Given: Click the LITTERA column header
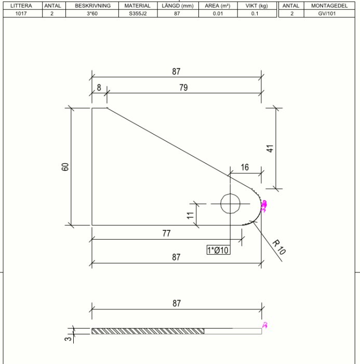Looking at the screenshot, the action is click(x=21, y=6).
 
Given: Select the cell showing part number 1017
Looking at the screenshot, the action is click(x=21, y=14).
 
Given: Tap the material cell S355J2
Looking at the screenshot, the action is click(x=138, y=14).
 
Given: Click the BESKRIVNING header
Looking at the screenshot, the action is click(x=92, y=6).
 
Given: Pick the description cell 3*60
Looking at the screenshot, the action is click(x=92, y=14).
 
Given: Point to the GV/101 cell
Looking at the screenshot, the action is click(x=327, y=14).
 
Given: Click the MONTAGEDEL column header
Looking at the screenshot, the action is click(x=329, y=6).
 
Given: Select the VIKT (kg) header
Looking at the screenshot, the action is click(x=257, y=6).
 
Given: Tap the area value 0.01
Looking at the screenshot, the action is click(x=218, y=14).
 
